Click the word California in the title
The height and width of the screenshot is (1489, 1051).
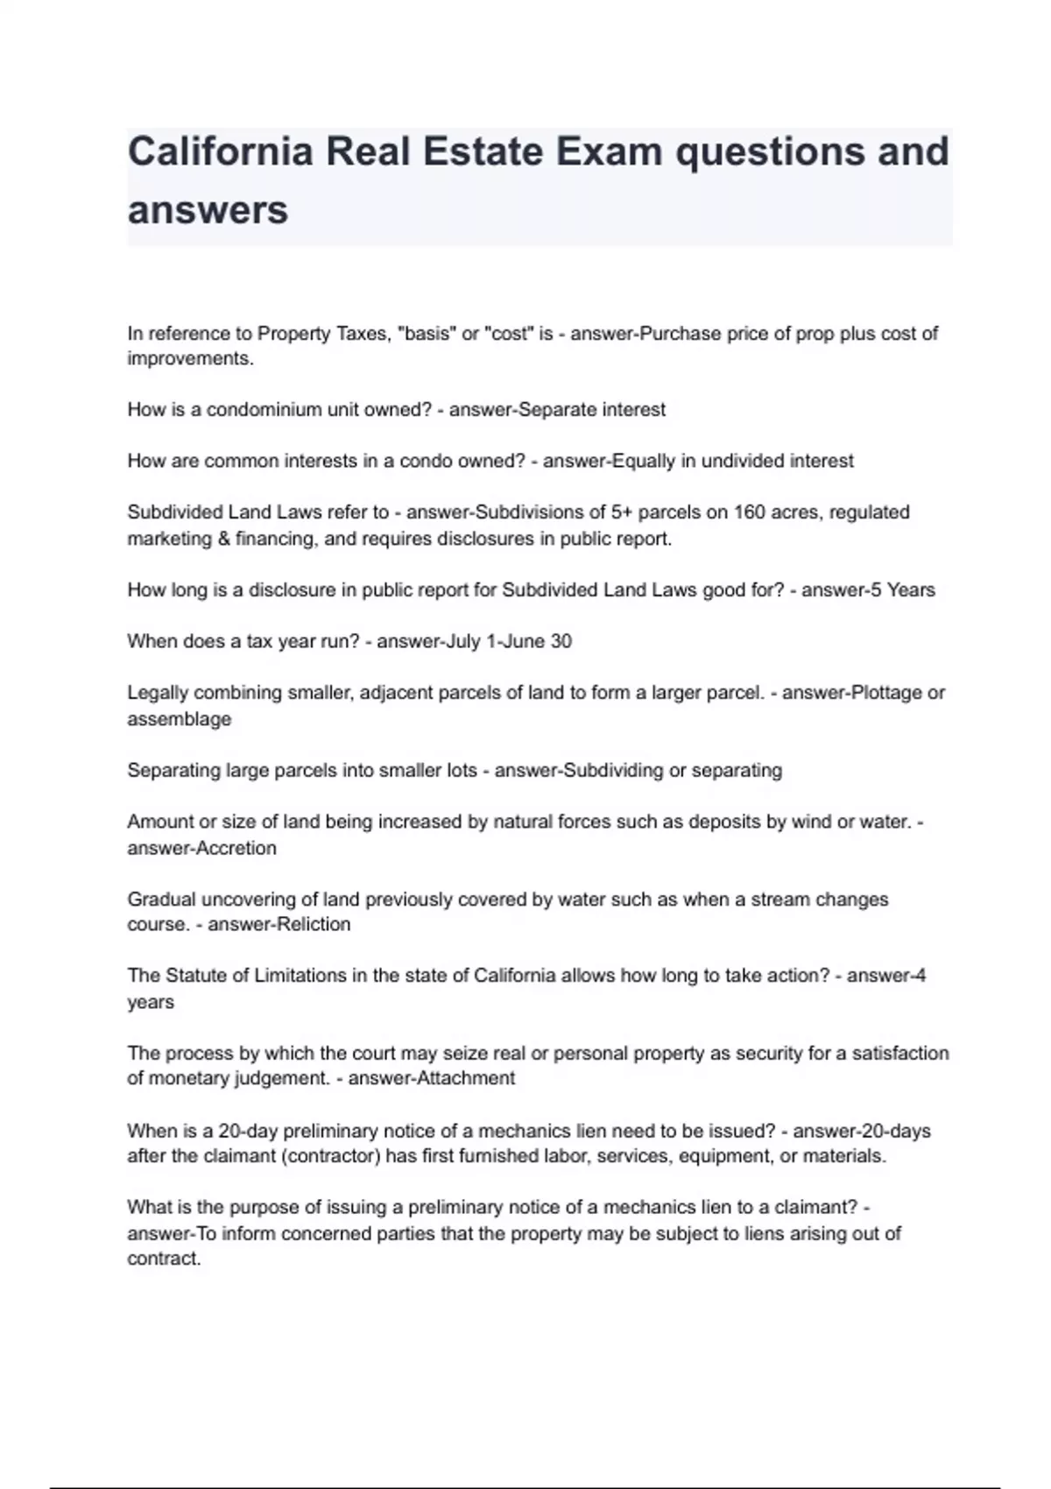click(x=220, y=152)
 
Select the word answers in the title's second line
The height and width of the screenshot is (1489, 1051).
click(x=208, y=210)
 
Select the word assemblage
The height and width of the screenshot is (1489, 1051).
click(x=180, y=719)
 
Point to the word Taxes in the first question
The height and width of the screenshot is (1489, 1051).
click(x=362, y=334)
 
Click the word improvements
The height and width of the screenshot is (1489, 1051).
click(x=190, y=359)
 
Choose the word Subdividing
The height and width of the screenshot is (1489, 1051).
click(x=612, y=771)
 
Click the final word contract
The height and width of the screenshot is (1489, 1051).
click(x=164, y=1260)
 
